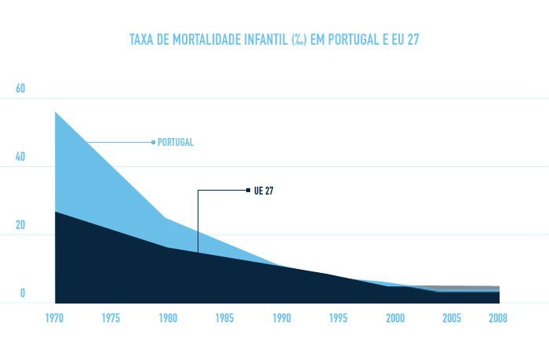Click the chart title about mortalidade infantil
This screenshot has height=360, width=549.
274,39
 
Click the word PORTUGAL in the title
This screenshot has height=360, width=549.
349,39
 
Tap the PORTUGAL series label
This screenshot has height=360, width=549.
176,143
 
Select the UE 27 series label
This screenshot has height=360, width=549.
264,191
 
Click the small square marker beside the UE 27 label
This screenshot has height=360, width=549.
248,190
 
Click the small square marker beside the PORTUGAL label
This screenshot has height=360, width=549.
153,142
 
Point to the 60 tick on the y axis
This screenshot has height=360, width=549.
21,89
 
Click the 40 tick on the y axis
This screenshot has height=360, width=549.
21,157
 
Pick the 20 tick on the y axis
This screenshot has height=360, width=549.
21,225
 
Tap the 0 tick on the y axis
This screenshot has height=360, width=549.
23,293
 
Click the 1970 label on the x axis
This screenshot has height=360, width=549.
55,318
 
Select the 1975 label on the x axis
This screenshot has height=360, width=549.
111,318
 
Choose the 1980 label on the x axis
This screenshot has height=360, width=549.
167,318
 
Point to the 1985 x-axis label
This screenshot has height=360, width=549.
224,318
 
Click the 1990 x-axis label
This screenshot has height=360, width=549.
282,318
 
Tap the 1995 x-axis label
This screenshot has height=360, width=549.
338,318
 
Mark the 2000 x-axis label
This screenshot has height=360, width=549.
395,318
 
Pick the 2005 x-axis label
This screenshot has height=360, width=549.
452,318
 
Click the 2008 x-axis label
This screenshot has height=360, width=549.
498,318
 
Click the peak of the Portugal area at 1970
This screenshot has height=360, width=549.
56,113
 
